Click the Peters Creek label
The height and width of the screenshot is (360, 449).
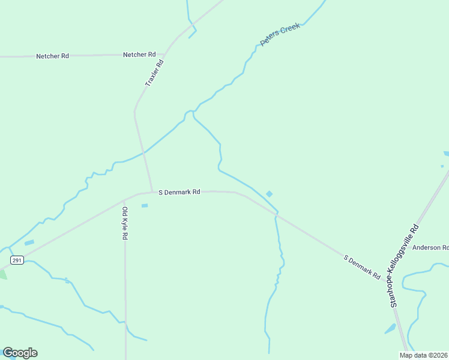(x=280, y=35)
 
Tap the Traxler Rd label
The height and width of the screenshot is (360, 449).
(x=154, y=73)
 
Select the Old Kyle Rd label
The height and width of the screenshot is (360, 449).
(x=125, y=223)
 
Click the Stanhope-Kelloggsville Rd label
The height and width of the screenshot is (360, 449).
(x=403, y=265)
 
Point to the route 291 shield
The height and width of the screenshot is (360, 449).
(x=16, y=259)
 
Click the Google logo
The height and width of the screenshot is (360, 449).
(x=20, y=353)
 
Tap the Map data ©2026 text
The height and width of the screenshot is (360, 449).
(x=424, y=355)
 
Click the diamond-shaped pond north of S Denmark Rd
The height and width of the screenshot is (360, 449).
(x=269, y=193)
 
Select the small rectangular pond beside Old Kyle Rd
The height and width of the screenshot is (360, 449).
(x=144, y=206)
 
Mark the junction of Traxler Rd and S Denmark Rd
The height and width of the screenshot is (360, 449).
(x=151, y=192)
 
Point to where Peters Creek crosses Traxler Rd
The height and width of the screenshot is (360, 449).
(x=143, y=154)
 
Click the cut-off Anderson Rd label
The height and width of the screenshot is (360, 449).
(x=430, y=247)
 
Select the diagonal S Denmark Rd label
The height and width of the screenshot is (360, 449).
(x=362, y=268)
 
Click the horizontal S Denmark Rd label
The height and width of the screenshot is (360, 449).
(x=179, y=192)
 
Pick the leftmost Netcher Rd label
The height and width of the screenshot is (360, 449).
(x=52, y=56)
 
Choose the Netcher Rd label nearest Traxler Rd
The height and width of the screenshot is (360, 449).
(x=139, y=55)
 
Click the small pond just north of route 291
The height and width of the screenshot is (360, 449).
(x=29, y=242)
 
